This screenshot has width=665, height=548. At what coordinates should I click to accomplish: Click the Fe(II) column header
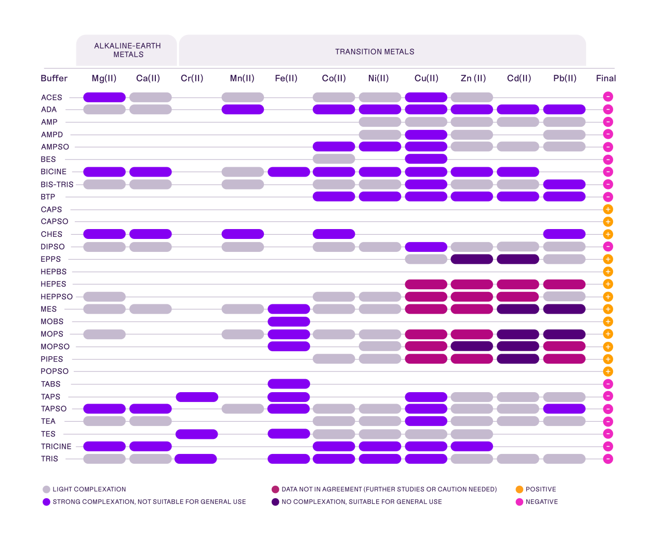(x=286, y=78)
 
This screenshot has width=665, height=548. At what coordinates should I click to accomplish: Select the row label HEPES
(x=54, y=284)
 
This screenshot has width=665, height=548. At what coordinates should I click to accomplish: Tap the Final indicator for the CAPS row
(x=608, y=209)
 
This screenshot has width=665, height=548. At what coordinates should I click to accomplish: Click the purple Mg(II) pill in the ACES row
(x=104, y=97)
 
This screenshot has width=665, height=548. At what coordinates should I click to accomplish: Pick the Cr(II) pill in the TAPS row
(x=197, y=397)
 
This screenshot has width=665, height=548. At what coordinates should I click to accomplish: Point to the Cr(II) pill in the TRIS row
(x=196, y=459)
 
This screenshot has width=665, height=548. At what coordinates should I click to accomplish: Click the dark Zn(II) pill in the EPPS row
(x=472, y=259)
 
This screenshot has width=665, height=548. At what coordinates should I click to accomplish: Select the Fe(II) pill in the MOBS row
(x=289, y=322)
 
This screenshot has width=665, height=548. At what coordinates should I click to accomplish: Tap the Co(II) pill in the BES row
(x=334, y=159)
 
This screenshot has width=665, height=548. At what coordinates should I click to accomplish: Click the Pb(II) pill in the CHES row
(x=564, y=234)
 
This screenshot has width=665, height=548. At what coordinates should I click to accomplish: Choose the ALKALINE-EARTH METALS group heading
(x=128, y=50)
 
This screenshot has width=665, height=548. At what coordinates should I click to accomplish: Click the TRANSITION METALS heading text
(x=375, y=52)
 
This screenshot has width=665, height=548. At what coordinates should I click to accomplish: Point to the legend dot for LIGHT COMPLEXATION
(x=47, y=489)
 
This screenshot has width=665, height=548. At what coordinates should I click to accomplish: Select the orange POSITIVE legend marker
(x=519, y=489)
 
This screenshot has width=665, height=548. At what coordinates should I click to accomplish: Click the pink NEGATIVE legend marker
(x=519, y=502)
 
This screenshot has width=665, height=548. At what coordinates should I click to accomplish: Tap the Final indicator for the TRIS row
(x=608, y=459)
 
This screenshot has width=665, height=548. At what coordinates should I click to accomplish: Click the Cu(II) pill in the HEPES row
(x=426, y=284)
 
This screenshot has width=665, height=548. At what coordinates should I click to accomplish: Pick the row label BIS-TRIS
(x=57, y=184)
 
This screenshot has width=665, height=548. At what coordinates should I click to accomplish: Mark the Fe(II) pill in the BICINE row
(x=289, y=172)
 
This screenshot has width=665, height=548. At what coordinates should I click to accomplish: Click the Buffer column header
(x=54, y=78)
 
